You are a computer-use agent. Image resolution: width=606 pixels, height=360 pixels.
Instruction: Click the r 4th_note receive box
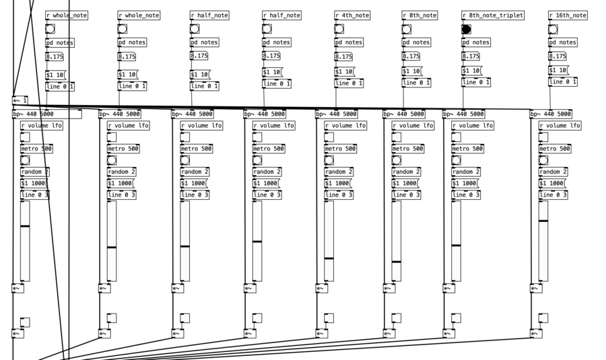click(x=352, y=15)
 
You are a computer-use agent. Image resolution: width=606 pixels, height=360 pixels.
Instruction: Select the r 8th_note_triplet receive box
click(x=493, y=15)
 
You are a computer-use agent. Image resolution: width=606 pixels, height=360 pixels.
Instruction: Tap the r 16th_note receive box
click(x=568, y=15)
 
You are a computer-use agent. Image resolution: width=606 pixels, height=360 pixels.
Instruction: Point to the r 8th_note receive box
click(x=420, y=15)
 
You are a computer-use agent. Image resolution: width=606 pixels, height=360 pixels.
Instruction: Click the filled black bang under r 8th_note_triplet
click(x=466, y=29)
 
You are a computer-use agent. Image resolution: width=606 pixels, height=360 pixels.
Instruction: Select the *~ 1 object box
click(x=20, y=100)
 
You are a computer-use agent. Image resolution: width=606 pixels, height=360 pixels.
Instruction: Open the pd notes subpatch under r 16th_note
click(x=564, y=42)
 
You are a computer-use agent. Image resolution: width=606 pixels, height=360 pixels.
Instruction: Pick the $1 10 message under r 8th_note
click(x=412, y=71)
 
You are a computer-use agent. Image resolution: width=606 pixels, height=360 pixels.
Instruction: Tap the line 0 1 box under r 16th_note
click(x=563, y=82)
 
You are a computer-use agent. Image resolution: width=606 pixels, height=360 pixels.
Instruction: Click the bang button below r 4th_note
click(x=339, y=29)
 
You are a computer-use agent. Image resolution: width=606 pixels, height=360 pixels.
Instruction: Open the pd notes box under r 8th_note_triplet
click(x=476, y=42)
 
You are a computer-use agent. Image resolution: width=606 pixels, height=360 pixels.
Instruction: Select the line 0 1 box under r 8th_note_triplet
click(x=476, y=83)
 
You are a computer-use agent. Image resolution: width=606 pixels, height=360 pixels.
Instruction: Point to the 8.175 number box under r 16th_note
click(x=558, y=57)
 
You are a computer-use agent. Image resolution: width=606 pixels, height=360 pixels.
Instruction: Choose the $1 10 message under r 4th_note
click(x=345, y=71)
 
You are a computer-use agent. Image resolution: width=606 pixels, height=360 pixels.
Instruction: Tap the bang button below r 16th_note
click(x=553, y=29)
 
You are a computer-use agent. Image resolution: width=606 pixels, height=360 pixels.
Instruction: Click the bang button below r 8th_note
click(x=407, y=29)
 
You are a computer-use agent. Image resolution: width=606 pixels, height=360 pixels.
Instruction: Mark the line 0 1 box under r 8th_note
click(x=417, y=83)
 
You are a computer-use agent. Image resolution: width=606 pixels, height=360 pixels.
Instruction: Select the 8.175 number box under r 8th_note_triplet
click(x=471, y=57)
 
